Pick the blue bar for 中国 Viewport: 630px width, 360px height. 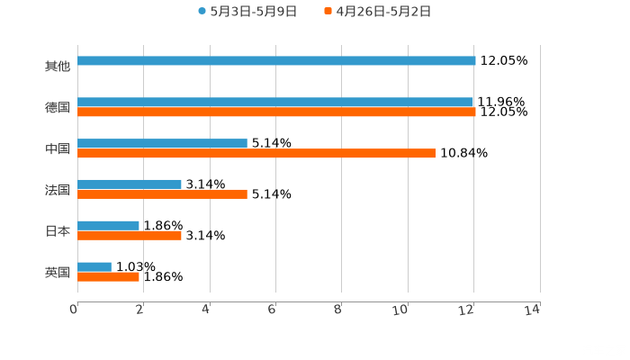pos(162,143)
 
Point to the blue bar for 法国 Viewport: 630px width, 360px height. pos(130,184)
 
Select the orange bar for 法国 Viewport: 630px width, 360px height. pos(162,194)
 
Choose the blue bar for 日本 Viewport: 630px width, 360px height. pos(109,225)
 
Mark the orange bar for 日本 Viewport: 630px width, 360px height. pos(130,236)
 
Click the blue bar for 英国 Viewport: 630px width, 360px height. pos(94,266)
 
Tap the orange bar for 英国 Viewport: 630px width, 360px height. pos(109,277)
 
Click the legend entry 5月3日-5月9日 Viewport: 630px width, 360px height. pos(247,12)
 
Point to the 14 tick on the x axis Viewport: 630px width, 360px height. pos(534,310)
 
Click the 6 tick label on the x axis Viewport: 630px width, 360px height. pos(273,310)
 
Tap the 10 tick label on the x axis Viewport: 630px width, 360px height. pos(402,310)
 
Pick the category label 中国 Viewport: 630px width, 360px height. pos(58,148)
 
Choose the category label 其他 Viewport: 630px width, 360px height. pos(58,66)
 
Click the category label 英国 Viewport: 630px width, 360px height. pos(58,272)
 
